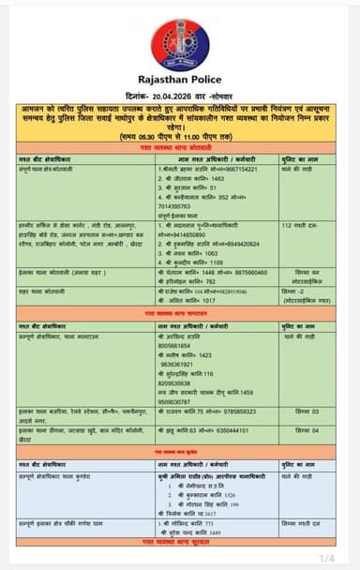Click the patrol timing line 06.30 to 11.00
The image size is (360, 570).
point(180,137)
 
